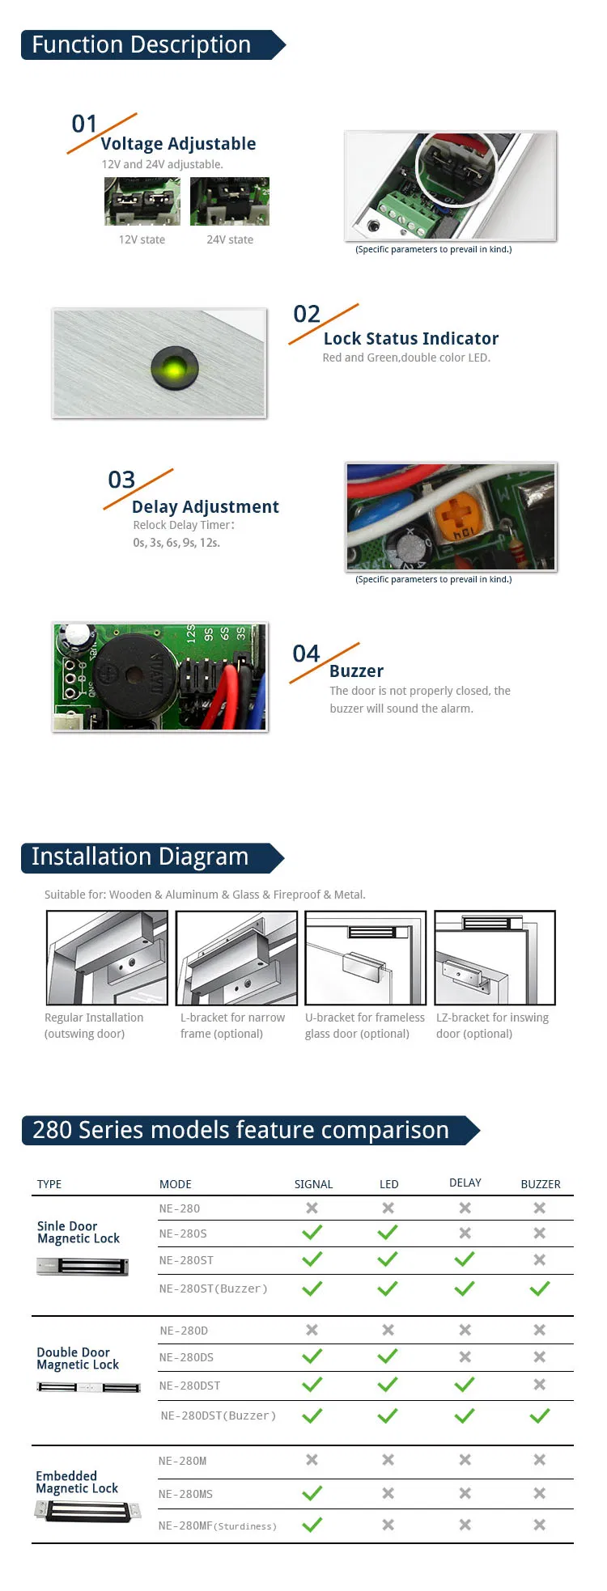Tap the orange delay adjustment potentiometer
pos(456,517)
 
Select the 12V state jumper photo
pos(142,201)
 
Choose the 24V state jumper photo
pos(230,201)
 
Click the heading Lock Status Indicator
pos(411,339)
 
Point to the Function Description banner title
pos(142,45)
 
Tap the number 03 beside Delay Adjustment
pos(121,480)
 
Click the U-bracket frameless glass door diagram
pos(365,958)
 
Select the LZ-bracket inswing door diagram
pos(495,958)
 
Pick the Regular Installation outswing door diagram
pos(107,958)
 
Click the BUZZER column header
pos(540,1184)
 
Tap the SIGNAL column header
pos(313,1184)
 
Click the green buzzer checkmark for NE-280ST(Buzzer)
pos(540,1288)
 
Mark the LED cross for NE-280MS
pos(388,1493)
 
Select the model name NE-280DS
pos(187,1357)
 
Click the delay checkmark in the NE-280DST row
pos(465,1385)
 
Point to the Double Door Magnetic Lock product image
pos(89,1388)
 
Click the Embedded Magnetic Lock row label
pos(77,1482)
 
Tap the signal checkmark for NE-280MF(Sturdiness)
pos(312,1525)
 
